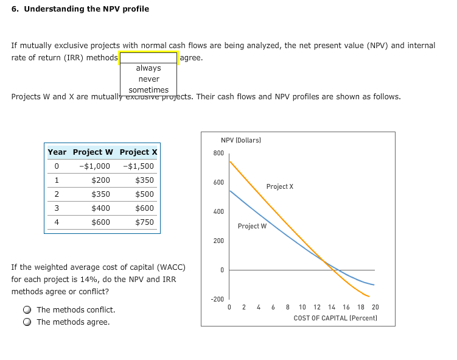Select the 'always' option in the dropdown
tap(148, 68)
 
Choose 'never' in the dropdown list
tap(148, 79)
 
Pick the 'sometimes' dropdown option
tap(148, 90)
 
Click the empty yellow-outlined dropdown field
tap(148, 58)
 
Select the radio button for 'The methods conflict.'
tap(27, 310)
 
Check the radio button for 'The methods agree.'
tap(27, 322)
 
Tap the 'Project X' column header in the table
tap(138, 152)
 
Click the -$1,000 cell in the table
tap(95, 166)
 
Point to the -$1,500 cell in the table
tap(138, 166)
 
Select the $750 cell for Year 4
tap(144, 222)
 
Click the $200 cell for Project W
tap(100, 180)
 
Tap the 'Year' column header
tap(57, 152)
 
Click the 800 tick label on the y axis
tap(218, 153)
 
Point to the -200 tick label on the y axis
tap(217, 299)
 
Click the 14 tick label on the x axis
tap(332, 308)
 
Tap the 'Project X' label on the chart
tap(279, 186)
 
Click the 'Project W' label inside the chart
tap(252, 226)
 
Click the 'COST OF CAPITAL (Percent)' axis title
tap(335, 318)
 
